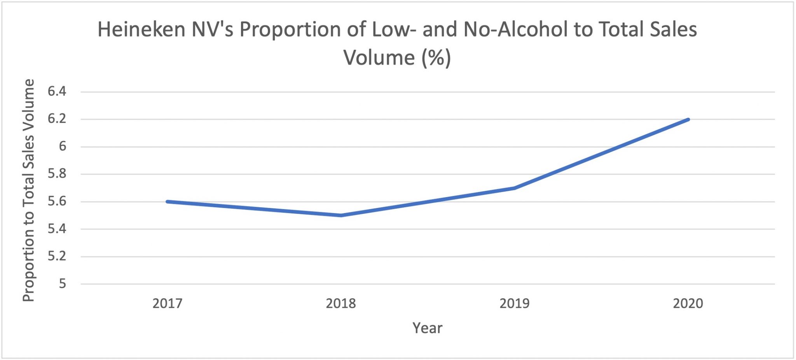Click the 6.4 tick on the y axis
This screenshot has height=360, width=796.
coord(57,92)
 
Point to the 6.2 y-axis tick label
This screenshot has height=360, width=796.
coord(57,119)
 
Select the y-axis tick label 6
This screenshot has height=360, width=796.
coord(62,147)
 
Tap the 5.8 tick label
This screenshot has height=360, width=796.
coord(57,174)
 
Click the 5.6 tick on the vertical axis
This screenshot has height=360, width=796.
coord(57,201)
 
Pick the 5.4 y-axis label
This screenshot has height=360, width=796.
coord(57,229)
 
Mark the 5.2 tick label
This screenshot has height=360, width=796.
coord(57,256)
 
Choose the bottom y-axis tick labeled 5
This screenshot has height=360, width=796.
coord(62,284)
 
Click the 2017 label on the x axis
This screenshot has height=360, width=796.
coord(167,303)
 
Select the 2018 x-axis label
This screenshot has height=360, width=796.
coord(341,303)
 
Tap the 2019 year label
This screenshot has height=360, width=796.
coord(514,303)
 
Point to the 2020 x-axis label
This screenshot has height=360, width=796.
coord(688,303)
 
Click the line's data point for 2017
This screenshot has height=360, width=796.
coord(167,201)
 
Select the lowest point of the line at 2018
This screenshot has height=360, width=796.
coord(341,215)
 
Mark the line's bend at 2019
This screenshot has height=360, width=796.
coord(514,188)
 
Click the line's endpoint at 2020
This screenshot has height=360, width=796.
coord(688,119)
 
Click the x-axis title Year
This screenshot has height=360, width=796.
coord(427,328)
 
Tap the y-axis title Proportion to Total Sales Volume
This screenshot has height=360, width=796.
coord(28,190)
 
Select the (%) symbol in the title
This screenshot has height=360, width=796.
coord(436,58)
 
